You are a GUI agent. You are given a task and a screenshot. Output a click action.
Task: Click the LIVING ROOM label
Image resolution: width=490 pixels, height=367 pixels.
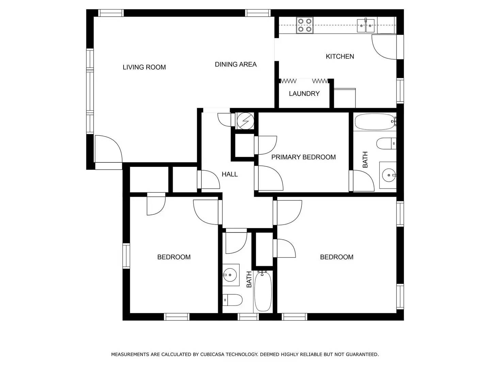tap(144, 67)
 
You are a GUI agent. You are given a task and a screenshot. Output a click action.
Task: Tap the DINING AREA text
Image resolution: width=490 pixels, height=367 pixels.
tap(235, 64)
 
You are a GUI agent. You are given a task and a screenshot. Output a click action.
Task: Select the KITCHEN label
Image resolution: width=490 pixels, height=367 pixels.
tap(340, 56)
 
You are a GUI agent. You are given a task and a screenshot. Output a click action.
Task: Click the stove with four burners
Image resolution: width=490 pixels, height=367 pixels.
tap(305, 25)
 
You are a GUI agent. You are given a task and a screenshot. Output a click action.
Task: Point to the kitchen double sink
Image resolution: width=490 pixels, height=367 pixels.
tap(366, 25)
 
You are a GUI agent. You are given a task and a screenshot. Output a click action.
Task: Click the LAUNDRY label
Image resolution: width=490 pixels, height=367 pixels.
tap(304, 94)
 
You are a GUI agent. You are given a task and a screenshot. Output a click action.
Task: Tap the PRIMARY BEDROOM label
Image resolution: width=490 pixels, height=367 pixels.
tap(303, 157)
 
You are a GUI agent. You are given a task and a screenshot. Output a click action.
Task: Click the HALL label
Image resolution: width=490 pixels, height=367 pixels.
tap(230, 174)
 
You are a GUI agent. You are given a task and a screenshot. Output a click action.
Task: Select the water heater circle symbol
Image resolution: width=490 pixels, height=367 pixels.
tap(245, 121)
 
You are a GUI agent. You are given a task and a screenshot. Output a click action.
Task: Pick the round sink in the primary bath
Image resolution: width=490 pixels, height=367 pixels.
tap(388, 175)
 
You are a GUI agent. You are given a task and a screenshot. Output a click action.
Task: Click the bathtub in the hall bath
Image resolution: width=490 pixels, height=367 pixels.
tap(263, 291)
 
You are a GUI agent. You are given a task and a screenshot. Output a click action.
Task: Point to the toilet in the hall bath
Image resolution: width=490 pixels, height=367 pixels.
tap(233, 300)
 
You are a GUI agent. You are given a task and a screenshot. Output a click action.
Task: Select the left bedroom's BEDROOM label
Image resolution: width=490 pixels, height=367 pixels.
tap(174, 257)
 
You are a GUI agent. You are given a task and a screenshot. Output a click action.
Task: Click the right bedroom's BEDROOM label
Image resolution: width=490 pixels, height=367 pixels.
tap(337, 257)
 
